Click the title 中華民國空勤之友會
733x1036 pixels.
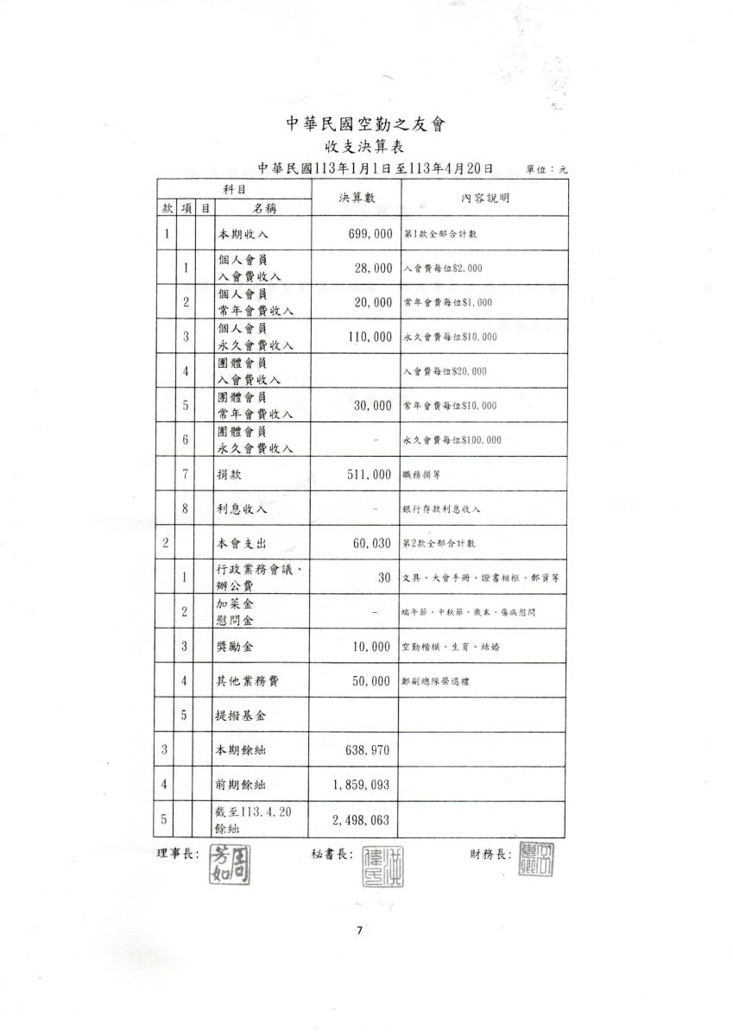[366, 124]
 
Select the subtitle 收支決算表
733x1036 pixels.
[366, 147]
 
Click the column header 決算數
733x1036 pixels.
[357, 198]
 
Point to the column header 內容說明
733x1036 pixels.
[484, 198]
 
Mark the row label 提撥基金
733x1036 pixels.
[241, 715]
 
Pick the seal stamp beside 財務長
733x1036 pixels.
[536, 860]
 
